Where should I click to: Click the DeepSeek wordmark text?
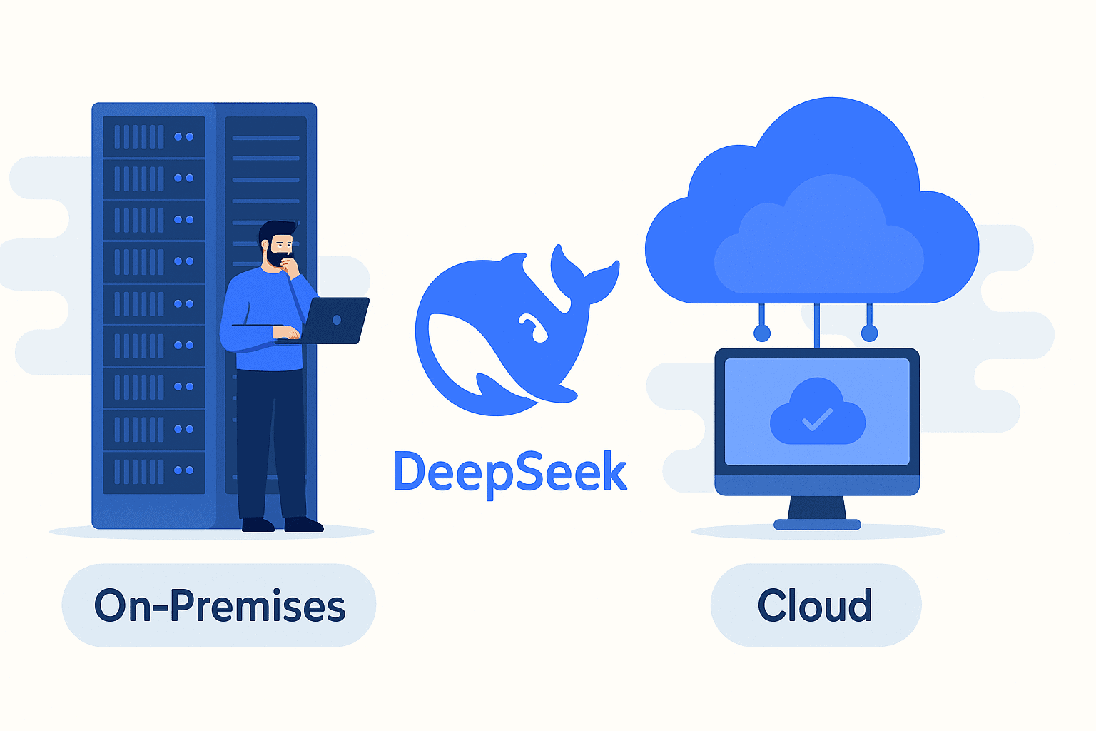point(510,472)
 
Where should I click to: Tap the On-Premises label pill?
point(219,605)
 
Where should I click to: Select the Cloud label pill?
point(816,605)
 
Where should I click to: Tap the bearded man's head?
point(277,243)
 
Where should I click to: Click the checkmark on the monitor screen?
point(818,418)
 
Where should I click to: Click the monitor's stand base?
point(817,525)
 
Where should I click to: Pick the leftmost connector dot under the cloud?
point(762,333)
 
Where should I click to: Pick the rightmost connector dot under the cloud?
point(869,333)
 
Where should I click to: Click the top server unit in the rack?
point(154,136)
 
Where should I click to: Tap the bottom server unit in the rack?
point(154,471)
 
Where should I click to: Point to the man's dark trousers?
point(271,443)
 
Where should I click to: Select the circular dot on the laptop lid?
point(337,320)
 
